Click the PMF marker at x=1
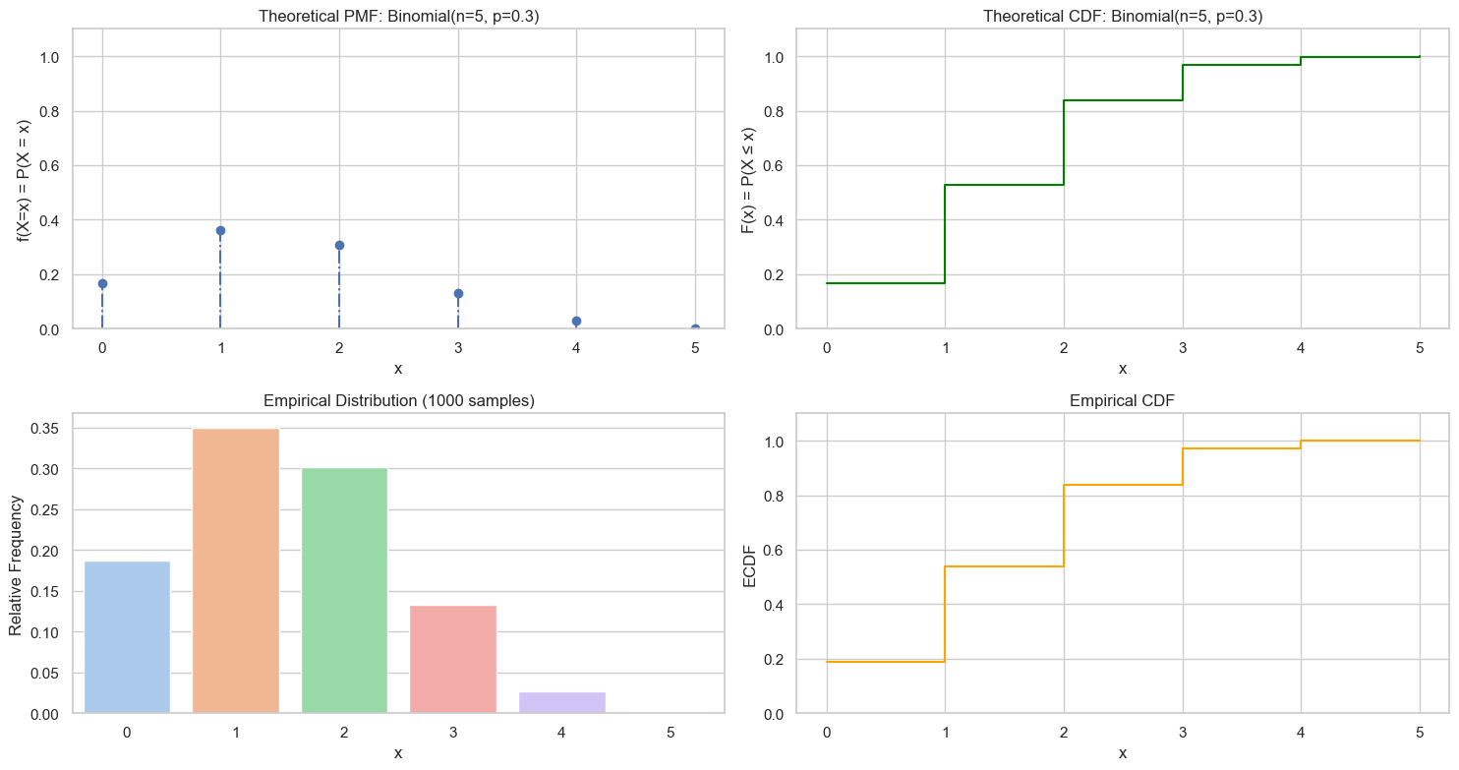(220, 230)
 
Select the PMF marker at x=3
(458, 293)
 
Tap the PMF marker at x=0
(102, 283)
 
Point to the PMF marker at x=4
(576, 321)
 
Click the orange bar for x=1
(236, 570)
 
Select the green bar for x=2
(344, 590)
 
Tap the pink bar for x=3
(452, 659)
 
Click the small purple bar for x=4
(561, 702)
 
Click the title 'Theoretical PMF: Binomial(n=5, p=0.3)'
(398, 16)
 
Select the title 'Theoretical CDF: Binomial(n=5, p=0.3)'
(1123, 16)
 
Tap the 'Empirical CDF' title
(1123, 400)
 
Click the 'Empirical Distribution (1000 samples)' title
(398, 400)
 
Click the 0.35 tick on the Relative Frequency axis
(48, 429)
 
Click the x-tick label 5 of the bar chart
(671, 733)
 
